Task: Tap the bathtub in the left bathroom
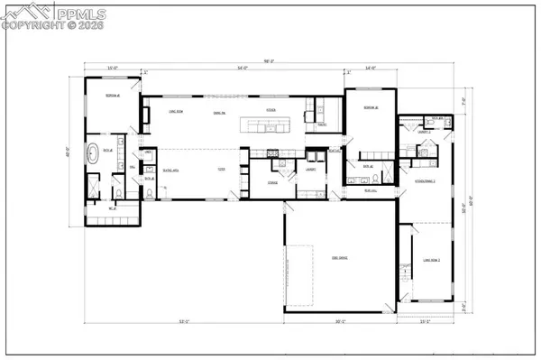click(x=92, y=152)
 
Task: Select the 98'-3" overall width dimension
click(x=268, y=61)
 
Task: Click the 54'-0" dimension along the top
click(x=243, y=69)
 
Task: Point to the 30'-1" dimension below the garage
click(x=341, y=321)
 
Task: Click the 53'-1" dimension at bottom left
click(x=184, y=321)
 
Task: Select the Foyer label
click(x=221, y=169)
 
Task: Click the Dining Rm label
click(x=218, y=112)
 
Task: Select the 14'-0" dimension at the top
click(x=371, y=69)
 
